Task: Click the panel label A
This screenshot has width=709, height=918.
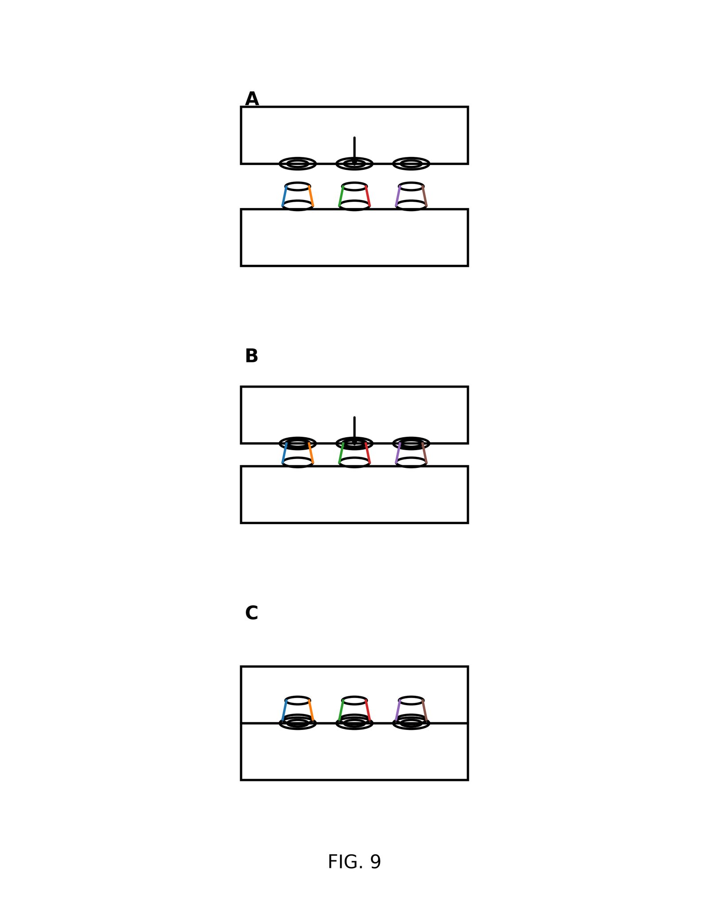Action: (x=252, y=99)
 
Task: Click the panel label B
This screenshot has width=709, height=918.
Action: (x=251, y=356)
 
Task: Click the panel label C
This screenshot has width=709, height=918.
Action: (x=251, y=613)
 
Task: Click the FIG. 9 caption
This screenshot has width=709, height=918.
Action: (x=354, y=862)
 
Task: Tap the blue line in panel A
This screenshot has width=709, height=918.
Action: (x=284, y=196)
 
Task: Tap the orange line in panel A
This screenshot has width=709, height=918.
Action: (x=311, y=196)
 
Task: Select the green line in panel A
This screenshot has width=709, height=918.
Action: (x=341, y=196)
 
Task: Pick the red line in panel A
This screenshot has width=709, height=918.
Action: (x=368, y=196)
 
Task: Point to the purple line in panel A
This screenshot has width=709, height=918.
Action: (x=398, y=196)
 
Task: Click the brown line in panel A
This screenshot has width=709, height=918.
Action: (x=425, y=196)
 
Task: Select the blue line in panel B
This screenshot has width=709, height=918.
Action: (x=284, y=454)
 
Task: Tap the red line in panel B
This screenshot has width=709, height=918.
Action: (x=368, y=454)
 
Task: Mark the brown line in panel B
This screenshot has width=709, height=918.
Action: (x=425, y=454)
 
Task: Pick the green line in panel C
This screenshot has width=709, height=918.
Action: (x=341, y=710)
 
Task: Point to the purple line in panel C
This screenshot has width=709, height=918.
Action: (x=398, y=710)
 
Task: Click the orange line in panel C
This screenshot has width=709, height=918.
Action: (x=311, y=710)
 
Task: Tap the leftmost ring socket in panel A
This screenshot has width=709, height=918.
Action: (x=297, y=164)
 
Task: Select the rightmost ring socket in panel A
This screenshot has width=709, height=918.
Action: (x=411, y=164)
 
